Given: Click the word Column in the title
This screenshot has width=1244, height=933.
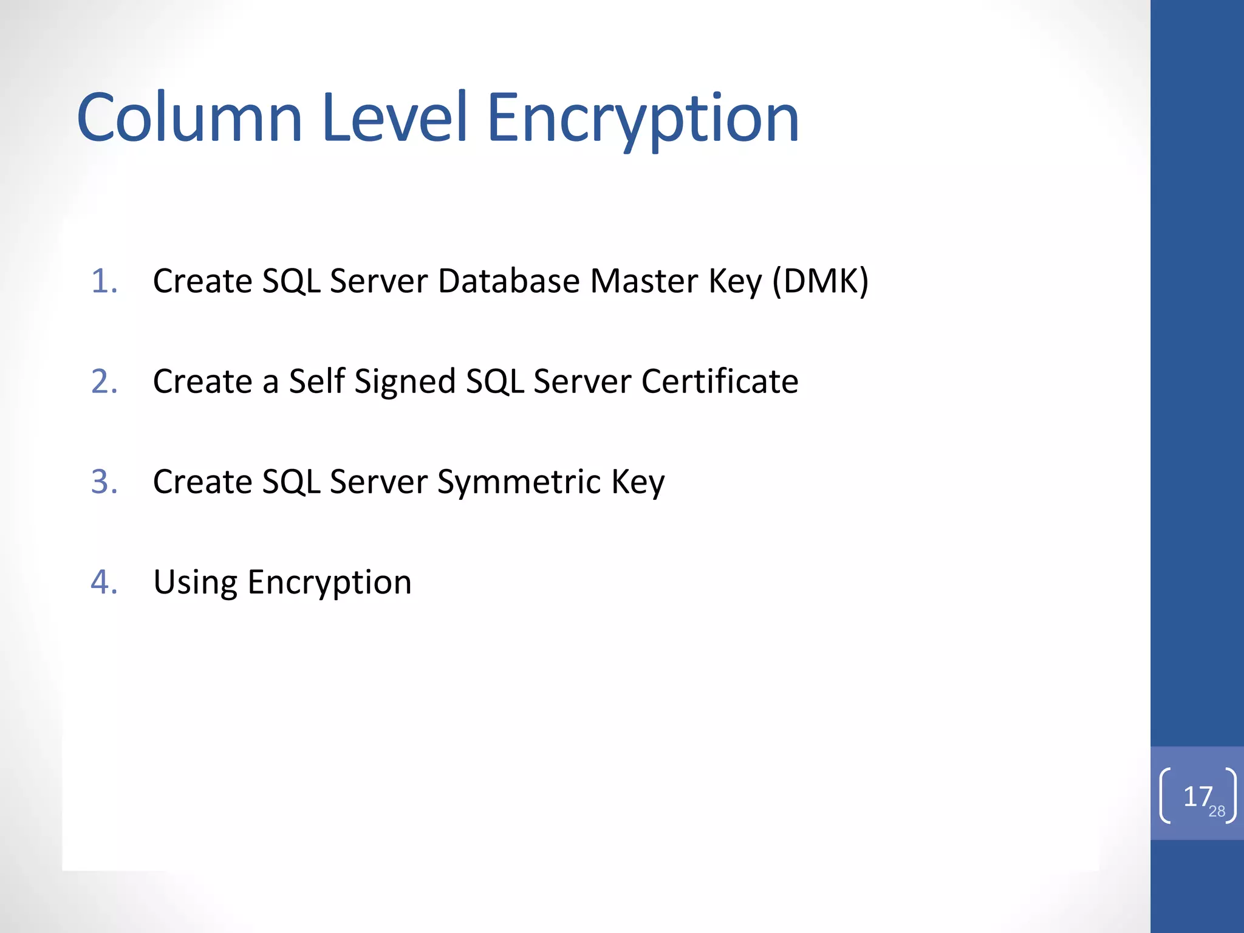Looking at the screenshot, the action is coord(190,118).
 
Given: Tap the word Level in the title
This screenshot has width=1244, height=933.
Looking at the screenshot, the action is coord(395,118).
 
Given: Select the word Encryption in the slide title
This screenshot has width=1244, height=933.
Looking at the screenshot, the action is coord(643,119).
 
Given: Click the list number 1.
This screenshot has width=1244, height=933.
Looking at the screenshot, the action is coord(104,281).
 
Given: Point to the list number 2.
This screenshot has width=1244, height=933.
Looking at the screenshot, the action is coord(104,381).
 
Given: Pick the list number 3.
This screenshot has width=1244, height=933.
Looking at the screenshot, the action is coord(104,482).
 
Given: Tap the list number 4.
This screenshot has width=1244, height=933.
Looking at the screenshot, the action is coord(104,582).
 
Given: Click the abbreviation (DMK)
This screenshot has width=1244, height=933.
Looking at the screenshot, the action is coord(820,281).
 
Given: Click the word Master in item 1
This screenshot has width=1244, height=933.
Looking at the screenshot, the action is coord(644,281).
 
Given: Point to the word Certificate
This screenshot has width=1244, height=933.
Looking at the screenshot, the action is coord(720,381).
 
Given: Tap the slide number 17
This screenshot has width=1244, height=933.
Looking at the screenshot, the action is coord(1197,796).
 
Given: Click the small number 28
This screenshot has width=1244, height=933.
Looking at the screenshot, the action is coord(1217,812).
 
